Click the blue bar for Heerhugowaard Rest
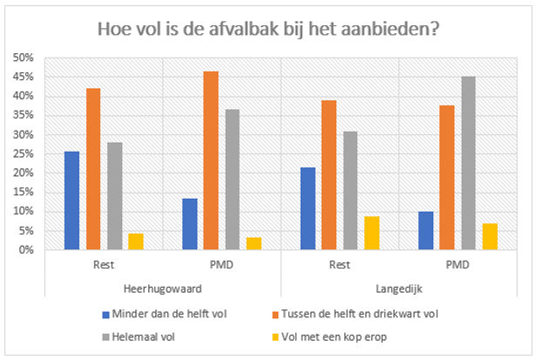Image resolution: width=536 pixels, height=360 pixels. pyautogui.click(x=71, y=200)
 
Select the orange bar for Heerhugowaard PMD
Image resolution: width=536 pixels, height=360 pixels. pyautogui.click(x=211, y=160)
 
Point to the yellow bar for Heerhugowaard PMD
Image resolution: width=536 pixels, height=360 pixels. pyautogui.click(x=254, y=243)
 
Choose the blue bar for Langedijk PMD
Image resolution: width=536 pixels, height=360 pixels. pyautogui.click(x=425, y=230)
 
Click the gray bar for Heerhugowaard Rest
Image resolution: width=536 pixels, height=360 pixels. pyautogui.click(x=115, y=196)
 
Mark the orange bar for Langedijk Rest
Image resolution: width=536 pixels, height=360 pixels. pyautogui.click(x=329, y=175)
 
